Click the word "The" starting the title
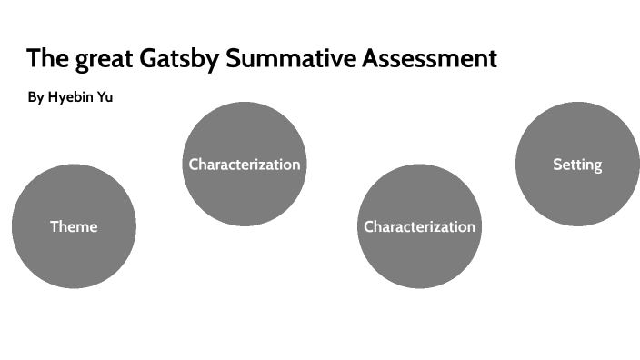pos(44,59)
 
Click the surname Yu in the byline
pos(104,97)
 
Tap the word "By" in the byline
pos(35,97)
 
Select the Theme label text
pos(74,226)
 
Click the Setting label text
pos(577,165)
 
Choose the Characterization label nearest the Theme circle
pos(244,165)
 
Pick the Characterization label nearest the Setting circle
pos(419,226)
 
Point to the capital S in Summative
pos(233,59)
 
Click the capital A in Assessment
pos(371,59)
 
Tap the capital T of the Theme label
pos(54,226)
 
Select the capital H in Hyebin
pos(54,97)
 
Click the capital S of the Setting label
pos(557,165)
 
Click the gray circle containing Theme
pos(74,259)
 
